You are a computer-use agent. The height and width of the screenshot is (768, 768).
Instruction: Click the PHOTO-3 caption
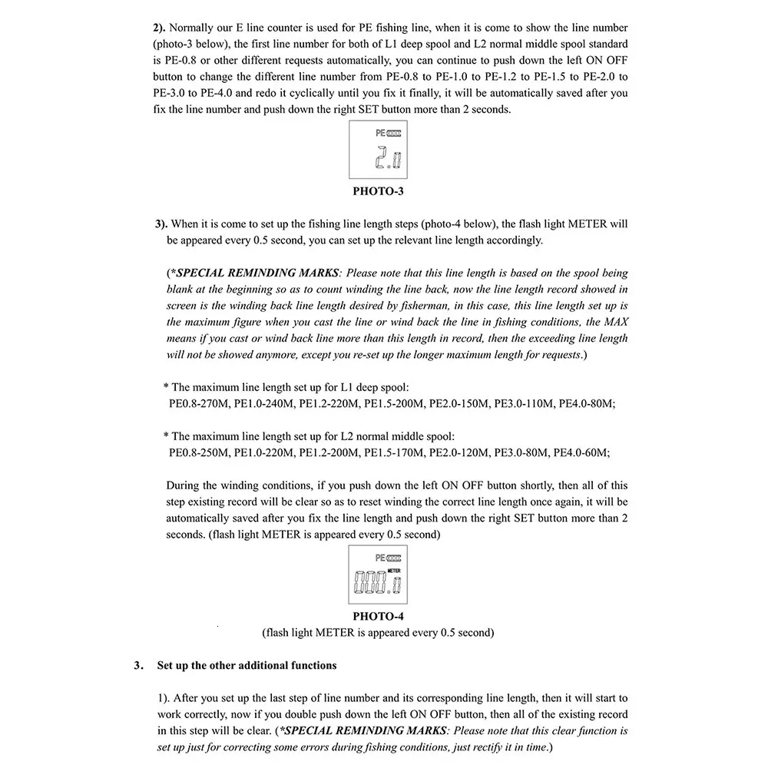click(x=378, y=191)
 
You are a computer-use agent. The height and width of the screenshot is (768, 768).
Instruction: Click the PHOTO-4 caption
click(x=378, y=616)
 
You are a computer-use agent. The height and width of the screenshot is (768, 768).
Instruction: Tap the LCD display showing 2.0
click(x=378, y=152)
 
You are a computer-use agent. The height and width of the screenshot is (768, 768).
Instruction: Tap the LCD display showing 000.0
click(x=378, y=577)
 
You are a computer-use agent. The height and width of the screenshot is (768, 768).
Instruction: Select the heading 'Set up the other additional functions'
click(x=247, y=665)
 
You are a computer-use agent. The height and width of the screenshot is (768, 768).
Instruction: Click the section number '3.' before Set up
click(x=138, y=665)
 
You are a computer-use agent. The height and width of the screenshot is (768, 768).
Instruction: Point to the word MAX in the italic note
click(x=616, y=322)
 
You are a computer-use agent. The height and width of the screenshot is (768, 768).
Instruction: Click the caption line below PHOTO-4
click(x=378, y=633)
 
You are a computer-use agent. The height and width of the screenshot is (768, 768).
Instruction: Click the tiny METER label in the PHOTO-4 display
click(x=394, y=571)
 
